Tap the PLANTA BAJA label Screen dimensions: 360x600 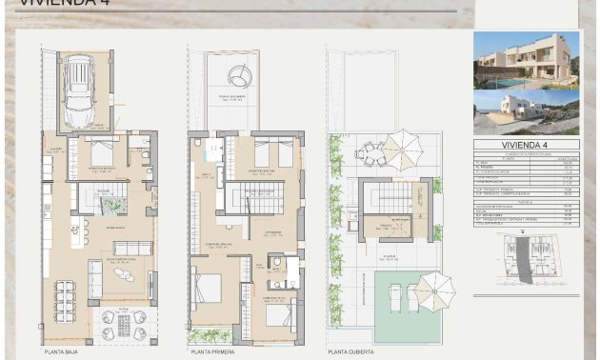(x=60, y=351)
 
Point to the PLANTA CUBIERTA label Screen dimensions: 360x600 (x=351, y=351)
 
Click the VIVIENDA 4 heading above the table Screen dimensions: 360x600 (x=526, y=145)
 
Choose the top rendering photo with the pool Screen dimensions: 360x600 (x=526, y=60)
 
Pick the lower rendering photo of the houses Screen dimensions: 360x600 (x=526, y=112)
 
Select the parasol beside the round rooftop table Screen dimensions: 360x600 (x=407, y=149)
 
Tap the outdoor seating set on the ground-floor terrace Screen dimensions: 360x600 (x=124, y=324)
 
